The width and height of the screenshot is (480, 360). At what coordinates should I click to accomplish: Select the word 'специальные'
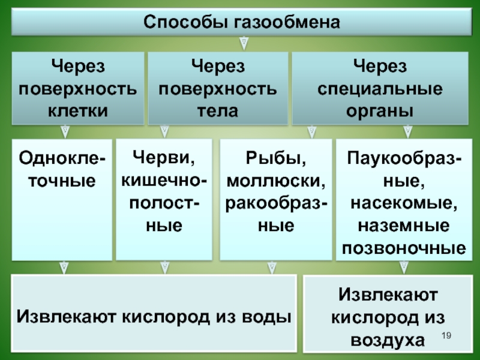click(380, 88)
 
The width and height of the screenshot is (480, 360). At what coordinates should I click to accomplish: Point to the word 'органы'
click(380, 110)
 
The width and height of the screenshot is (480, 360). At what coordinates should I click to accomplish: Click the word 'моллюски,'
click(276, 181)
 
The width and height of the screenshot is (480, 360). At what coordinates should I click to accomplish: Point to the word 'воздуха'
click(384, 340)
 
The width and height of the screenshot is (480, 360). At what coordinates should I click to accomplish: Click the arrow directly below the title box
click(244, 42)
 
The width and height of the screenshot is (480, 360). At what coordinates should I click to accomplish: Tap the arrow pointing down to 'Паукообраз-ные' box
click(408, 130)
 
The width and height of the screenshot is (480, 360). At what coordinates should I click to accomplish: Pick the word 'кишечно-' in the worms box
click(164, 181)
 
